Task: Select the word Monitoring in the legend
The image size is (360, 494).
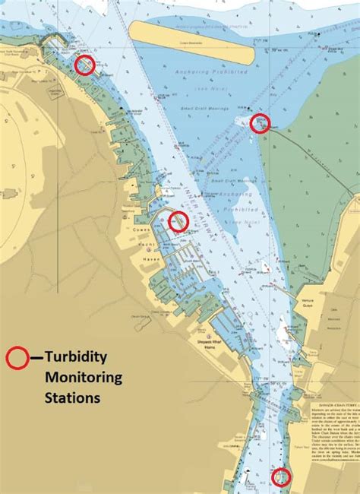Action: coord(82,377)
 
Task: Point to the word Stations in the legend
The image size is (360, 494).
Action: coord(72,397)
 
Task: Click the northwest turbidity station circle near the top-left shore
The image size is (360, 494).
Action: coord(85,65)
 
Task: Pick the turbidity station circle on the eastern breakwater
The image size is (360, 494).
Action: coord(261,122)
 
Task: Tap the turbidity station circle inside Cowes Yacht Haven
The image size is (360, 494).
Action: coord(178,221)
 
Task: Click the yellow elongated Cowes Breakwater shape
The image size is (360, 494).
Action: coord(191,42)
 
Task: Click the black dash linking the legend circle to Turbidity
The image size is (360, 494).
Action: coord(35,357)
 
